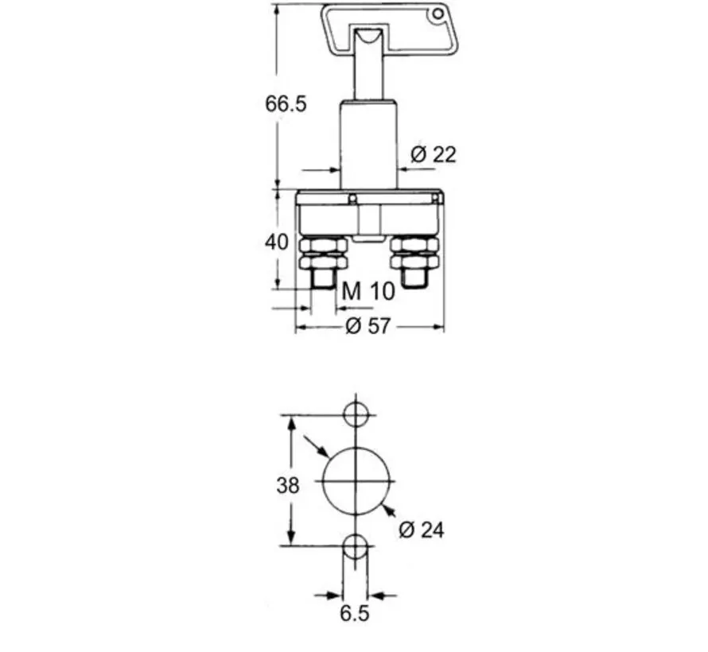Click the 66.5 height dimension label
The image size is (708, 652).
[x=286, y=104]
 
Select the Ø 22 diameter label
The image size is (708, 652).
[x=434, y=154]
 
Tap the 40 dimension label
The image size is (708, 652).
[x=276, y=241]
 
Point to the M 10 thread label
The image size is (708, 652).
[x=368, y=291]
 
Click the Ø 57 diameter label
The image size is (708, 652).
[x=368, y=325]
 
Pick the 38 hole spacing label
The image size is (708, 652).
[x=288, y=484]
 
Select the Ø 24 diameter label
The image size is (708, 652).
[x=422, y=529]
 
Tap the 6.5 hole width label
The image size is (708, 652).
[x=355, y=613]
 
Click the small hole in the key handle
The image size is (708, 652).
[x=435, y=14]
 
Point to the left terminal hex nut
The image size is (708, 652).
[x=323, y=255]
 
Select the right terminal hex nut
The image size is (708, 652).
[x=413, y=255]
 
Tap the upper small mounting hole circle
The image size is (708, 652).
[x=356, y=414]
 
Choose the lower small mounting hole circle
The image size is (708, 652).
[x=356, y=547]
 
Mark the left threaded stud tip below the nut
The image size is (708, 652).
[x=322, y=279]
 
